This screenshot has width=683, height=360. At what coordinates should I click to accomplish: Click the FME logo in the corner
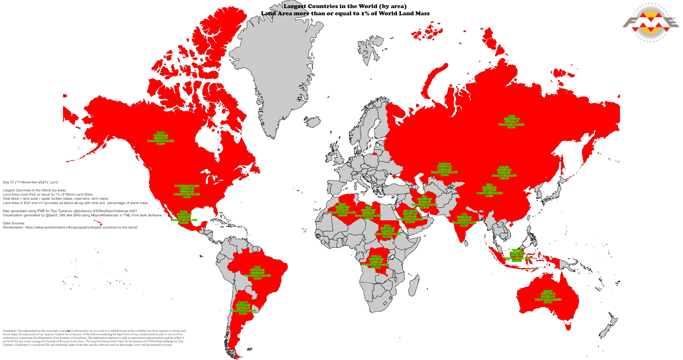coord(650,23)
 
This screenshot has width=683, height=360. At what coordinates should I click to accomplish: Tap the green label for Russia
coord(511,122)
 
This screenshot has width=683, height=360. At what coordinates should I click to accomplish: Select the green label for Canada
coord(160,138)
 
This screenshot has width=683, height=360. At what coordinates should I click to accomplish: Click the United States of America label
coord(187,191)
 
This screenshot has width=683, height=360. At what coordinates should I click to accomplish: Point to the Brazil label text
coord(257,273)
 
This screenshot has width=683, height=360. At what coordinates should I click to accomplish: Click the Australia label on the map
coord(548,297)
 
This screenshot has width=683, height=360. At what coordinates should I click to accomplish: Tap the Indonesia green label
coord(517,255)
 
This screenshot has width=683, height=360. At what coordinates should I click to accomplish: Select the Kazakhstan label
coord(444,169)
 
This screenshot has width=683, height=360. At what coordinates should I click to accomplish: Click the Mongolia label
coord(504,173)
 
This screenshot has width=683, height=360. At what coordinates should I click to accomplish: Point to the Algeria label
coord(342,210)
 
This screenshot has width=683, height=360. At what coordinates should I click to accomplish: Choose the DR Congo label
coord(376,262)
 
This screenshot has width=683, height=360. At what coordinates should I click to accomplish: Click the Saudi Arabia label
coord(410,216)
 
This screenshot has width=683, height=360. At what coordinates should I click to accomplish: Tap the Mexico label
coord(184,217)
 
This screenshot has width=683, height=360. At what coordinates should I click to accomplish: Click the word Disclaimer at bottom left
coord(9,331)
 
